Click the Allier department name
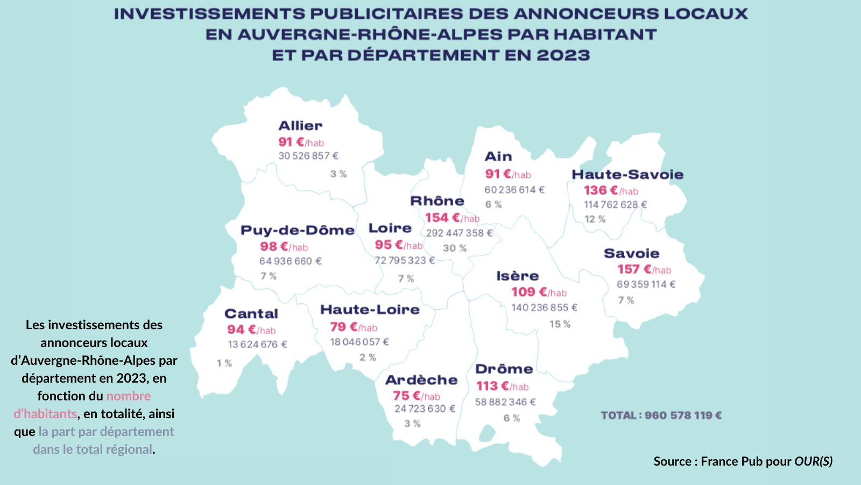tap(300, 126)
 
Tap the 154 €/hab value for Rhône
tap(452, 218)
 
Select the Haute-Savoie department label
tap(627, 175)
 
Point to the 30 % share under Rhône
tap(455, 248)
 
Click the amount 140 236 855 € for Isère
tap(544, 308)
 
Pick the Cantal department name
tap(251, 314)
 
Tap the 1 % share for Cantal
tap(224, 364)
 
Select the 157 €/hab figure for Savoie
tap(644, 269)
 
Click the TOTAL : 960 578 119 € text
tap(661, 415)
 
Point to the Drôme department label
tap(504, 370)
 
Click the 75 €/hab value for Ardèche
tap(417, 396)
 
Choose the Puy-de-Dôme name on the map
tap(298, 231)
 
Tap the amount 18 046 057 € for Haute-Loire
tap(359, 342)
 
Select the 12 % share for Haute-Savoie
tap(595, 219)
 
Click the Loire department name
tap(390, 228)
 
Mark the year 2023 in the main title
tap(563, 56)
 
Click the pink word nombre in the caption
tap(129, 396)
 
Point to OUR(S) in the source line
tap(813, 461)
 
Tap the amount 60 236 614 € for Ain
tap(514, 190)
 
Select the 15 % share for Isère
tap(560, 324)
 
